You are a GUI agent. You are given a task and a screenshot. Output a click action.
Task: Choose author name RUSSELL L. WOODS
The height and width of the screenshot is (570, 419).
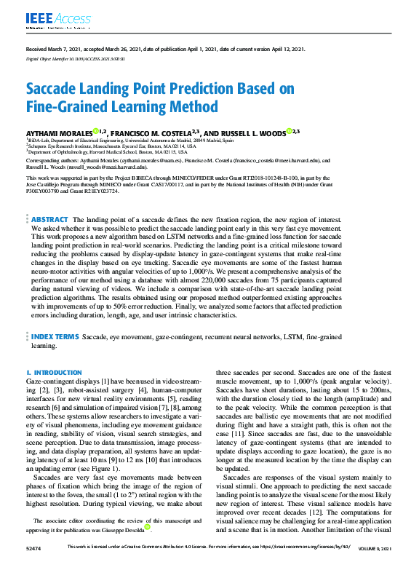point(255,132)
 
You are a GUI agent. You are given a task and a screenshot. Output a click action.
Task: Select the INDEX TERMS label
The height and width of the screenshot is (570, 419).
point(55,338)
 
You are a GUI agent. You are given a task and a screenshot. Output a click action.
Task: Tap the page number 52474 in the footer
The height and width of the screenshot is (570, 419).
point(33,565)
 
